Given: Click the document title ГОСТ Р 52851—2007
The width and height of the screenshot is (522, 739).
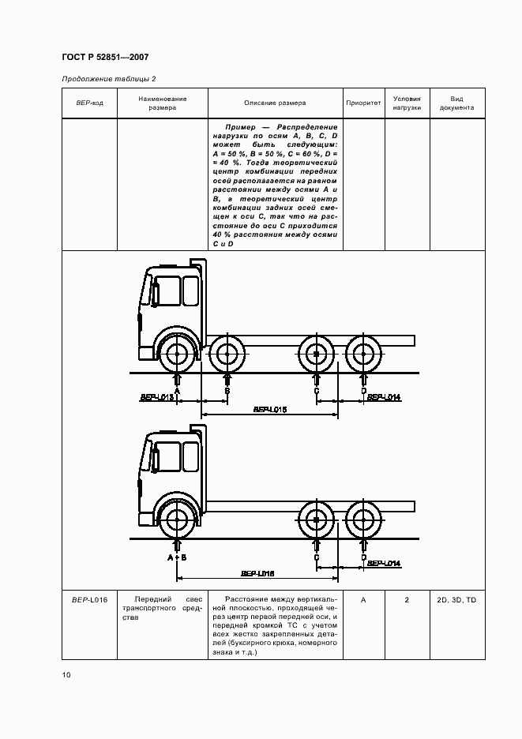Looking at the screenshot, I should (x=104, y=58).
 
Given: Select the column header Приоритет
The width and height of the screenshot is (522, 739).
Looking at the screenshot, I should (x=363, y=103).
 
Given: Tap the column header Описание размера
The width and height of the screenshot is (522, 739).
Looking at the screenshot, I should (x=275, y=103).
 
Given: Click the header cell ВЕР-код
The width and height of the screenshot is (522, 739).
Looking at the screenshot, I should (x=90, y=103).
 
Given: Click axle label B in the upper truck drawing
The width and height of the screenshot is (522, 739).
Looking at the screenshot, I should (x=227, y=391).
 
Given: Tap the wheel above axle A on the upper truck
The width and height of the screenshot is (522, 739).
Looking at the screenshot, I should (x=178, y=354).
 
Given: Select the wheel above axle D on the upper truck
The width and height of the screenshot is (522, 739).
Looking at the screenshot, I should (x=363, y=354).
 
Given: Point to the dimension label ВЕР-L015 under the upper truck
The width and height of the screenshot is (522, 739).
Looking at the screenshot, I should (x=270, y=409).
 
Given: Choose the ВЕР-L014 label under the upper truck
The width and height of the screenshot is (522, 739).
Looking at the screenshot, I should (x=385, y=397).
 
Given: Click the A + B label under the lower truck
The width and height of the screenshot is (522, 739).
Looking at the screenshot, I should (x=177, y=557).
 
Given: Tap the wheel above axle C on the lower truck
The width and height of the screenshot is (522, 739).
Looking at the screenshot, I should (x=315, y=520).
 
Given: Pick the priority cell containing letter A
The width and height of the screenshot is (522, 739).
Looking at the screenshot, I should (x=363, y=601).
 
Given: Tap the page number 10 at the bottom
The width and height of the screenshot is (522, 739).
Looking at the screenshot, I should (x=67, y=675).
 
